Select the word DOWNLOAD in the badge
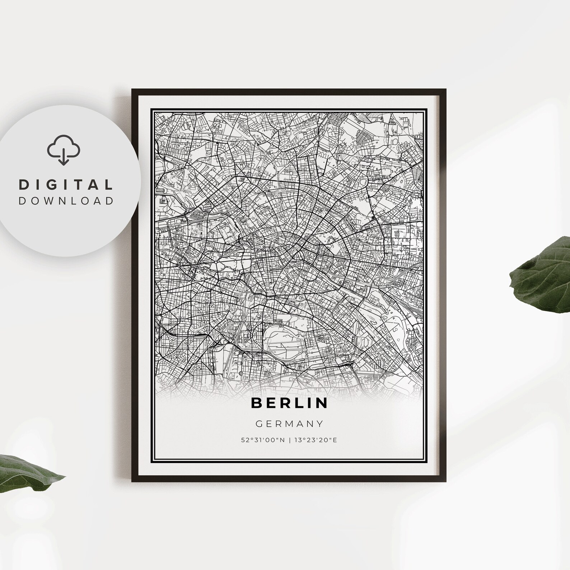click(66, 201)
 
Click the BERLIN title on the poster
click(289, 403)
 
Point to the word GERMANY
click(289, 424)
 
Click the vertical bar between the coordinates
click(290, 440)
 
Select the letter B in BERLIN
click(257, 403)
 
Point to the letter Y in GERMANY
click(320, 424)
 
